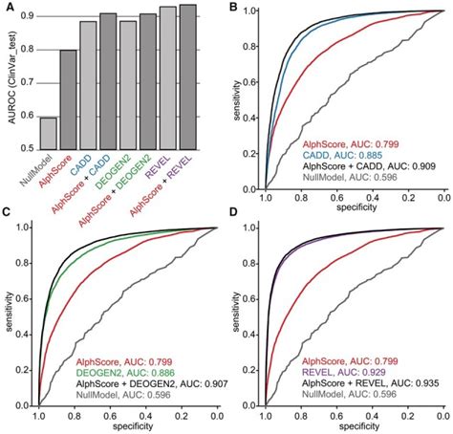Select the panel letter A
[x=8, y=8]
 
